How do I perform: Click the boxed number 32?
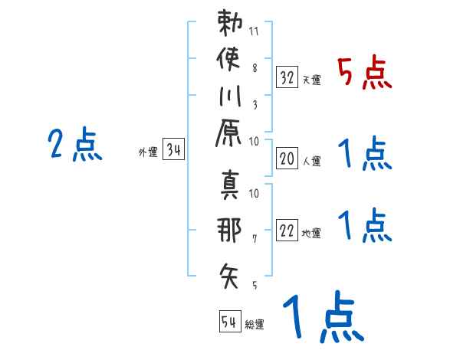tap(287, 77)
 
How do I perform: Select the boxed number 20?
tap(287, 159)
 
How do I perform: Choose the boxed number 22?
tap(287, 231)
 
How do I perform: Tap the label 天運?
tap(311, 80)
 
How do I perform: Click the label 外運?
tap(148, 152)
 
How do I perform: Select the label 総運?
tap(254, 325)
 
